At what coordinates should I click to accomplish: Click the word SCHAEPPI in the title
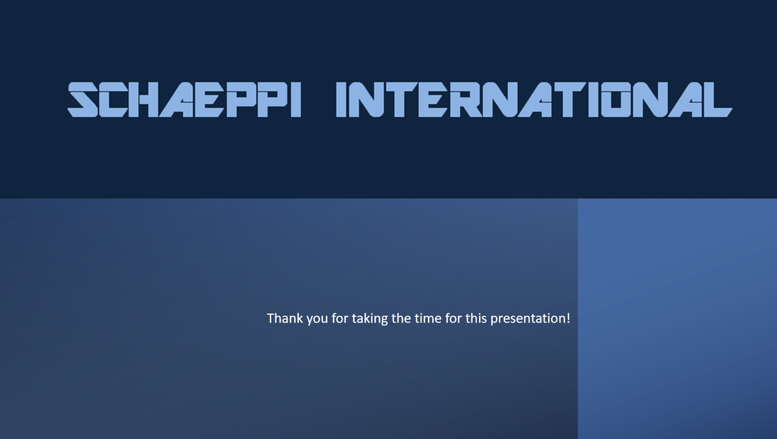[184, 100]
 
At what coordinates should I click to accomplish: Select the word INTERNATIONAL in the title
[534, 100]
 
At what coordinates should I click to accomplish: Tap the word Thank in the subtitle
[285, 318]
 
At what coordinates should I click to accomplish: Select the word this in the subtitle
[476, 318]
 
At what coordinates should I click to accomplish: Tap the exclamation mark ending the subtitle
[568, 318]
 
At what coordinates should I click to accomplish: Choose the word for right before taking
[340, 318]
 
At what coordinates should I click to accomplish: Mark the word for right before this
[453, 318]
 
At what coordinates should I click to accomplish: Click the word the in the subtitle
[401, 318]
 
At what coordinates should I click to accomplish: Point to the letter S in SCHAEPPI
[83, 100]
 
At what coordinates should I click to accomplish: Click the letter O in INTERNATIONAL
[617, 100]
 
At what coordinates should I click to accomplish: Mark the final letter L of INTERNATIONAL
[718, 100]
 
